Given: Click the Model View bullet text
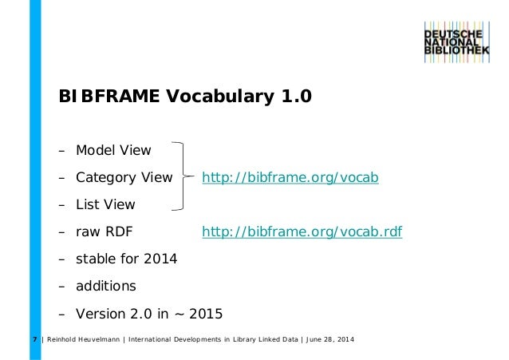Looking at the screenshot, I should (x=113, y=149).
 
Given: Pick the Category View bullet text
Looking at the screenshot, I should (x=124, y=176).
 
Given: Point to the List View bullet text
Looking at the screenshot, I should (x=105, y=204).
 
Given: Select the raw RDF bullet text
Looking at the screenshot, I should (x=104, y=232).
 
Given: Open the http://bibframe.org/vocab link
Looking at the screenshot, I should (x=290, y=176).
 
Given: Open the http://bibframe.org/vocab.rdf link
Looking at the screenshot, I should (x=302, y=232).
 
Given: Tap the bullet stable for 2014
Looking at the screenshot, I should (x=126, y=259).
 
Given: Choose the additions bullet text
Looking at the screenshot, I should (x=105, y=286).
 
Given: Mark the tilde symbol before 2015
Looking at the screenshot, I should (x=177, y=313).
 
